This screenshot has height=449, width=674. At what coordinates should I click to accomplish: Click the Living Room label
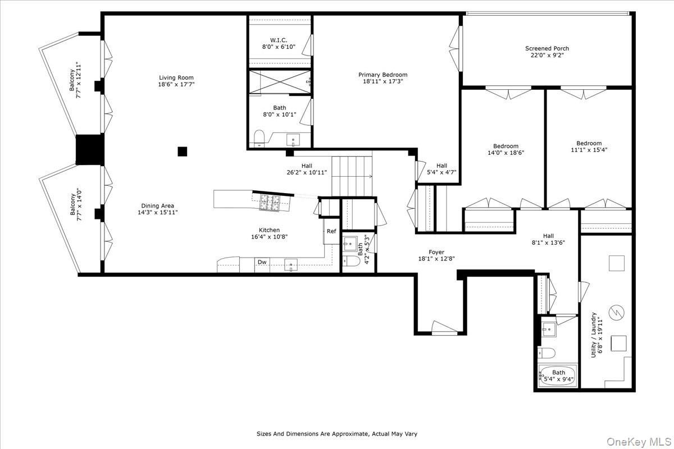coord(176,78)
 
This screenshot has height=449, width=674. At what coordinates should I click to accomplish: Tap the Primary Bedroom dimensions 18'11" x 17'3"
coord(383,81)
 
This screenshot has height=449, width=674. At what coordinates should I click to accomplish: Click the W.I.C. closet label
coord(279,40)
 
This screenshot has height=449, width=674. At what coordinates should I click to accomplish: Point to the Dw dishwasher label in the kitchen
coord(262,262)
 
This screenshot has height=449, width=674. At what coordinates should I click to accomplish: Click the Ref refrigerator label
coord(331,231)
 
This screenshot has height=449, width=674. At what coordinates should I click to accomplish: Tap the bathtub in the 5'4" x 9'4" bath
coord(558,375)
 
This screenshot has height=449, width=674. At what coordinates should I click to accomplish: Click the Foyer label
coord(435,253)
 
